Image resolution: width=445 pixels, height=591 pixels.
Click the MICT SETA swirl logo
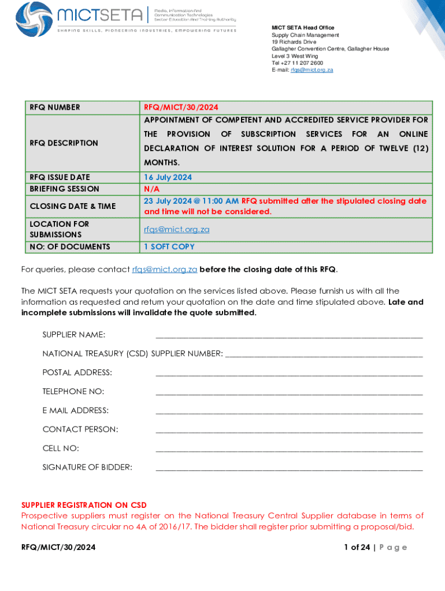tap(34, 17)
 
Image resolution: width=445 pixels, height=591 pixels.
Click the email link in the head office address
tap(312, 70)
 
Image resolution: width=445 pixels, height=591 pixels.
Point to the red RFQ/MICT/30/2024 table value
tap(181, 107)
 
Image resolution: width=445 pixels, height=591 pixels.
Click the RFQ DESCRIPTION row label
tap(64, 143)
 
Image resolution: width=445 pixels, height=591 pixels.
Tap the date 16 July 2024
tap(168, 177)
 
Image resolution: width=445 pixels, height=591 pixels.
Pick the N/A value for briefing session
tap(151, 189)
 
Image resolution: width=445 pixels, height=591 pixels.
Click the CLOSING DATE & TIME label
tap(73, 206)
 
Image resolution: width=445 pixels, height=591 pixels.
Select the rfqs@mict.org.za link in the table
tap(176, 229)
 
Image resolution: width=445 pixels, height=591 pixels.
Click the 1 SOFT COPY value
tap(169, 246)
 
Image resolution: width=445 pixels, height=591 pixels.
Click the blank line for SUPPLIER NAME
tap(289, 336)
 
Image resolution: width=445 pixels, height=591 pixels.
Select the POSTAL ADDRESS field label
tap(77, 373)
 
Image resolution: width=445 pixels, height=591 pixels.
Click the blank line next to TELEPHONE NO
tap(289, 393)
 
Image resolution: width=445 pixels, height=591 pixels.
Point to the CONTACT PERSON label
tap(80, 429)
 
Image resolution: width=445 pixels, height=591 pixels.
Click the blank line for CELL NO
tap(289, 450)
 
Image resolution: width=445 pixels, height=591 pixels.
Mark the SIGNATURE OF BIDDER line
tap(289, 469)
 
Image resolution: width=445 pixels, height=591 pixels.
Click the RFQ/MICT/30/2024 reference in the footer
tap(58, 547)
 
